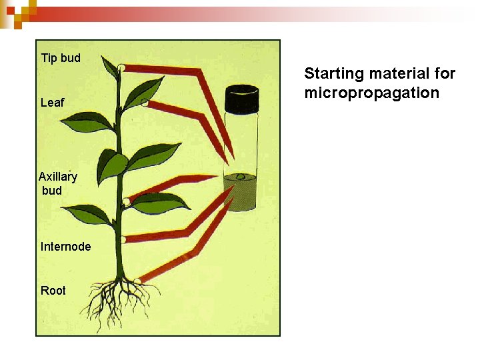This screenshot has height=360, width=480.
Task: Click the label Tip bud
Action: [x=61, y=58]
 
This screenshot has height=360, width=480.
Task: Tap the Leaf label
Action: [x=52, y=103]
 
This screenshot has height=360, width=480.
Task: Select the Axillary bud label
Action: [x=57, y=183]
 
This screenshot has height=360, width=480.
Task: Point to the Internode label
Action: [x=65, y=247]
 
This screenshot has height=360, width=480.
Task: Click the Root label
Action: [x=53, y=291]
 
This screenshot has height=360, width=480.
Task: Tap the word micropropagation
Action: [x=371, y=93]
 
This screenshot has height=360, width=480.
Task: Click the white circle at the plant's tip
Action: [x=121, y=67]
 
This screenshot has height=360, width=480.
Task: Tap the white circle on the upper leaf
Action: [x=145, y=103]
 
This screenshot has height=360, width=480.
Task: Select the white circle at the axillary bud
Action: [x=126, y=201]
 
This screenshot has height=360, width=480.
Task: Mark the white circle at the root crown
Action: [x=136, y=281]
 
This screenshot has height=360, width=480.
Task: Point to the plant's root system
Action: [x=120, y=303]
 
